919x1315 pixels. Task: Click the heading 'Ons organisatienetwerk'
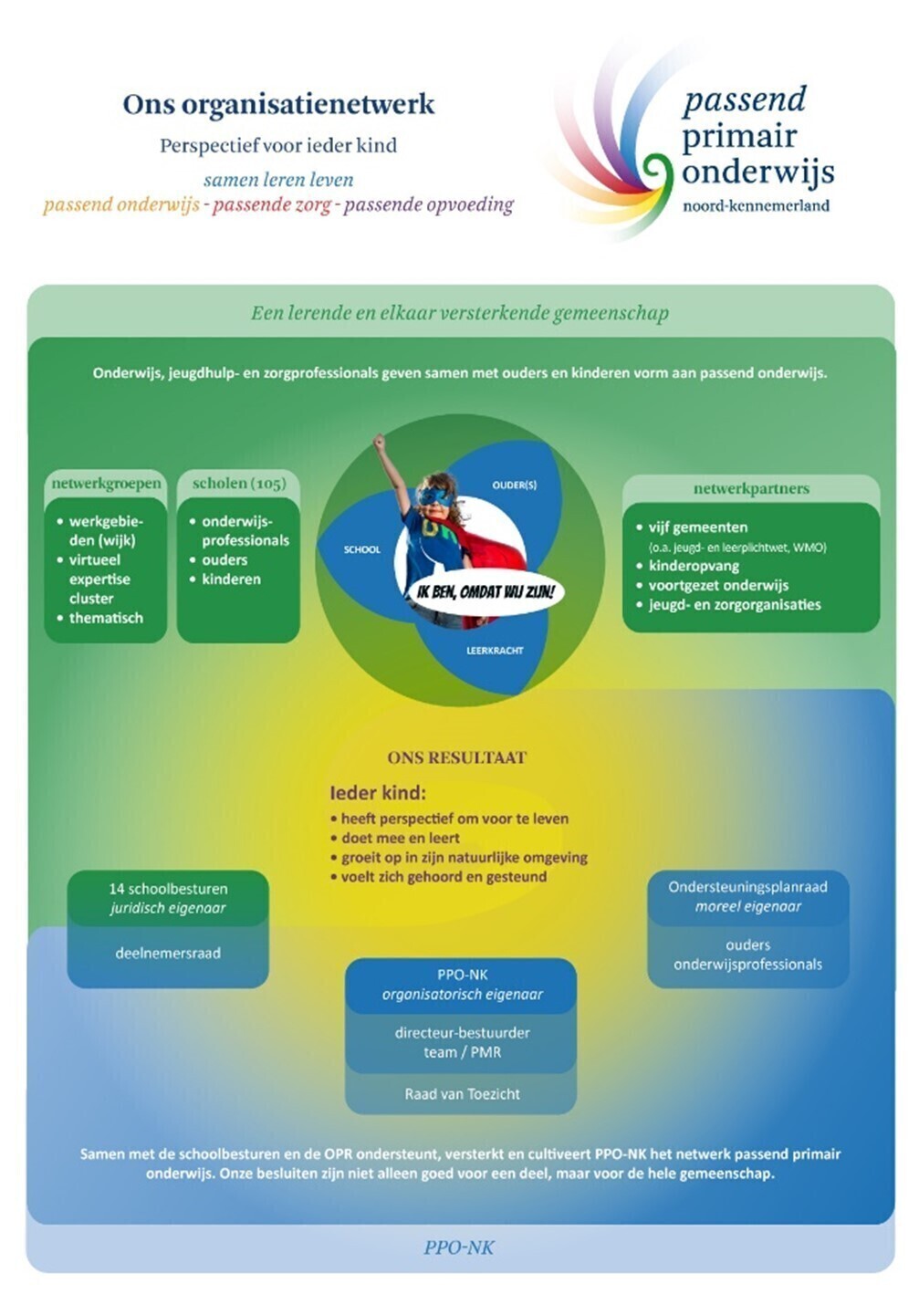tap(278, 105)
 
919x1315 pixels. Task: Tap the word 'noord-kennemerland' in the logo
tap(756, 205)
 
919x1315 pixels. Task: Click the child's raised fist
tap(380, 440)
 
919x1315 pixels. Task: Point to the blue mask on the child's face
tap(434, 497)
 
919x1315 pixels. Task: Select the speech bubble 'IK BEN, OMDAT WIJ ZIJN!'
tap(485, 591)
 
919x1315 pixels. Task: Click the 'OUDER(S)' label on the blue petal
tap(515, 485)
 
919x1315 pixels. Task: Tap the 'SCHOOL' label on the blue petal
tap(361, 549)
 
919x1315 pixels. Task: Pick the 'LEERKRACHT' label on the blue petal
tap(495, 651)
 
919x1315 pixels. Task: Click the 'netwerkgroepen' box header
tap(106, 484)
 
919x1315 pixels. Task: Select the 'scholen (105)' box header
tap(239, 483)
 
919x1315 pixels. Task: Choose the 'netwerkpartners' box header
tap(751, 488)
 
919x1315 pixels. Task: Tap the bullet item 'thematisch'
tap(106, 618)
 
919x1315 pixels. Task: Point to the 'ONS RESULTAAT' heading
tap(457, 758)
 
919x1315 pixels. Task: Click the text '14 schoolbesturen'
tap(168, 889)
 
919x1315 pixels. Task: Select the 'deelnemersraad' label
tap(168, 953)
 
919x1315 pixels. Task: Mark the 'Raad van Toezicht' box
tap(462, 1094)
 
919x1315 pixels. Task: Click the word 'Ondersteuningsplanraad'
tap(747, 886)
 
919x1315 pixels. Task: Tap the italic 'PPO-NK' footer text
tap(459, 1247)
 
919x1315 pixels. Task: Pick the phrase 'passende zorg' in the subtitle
tap(272, 205)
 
